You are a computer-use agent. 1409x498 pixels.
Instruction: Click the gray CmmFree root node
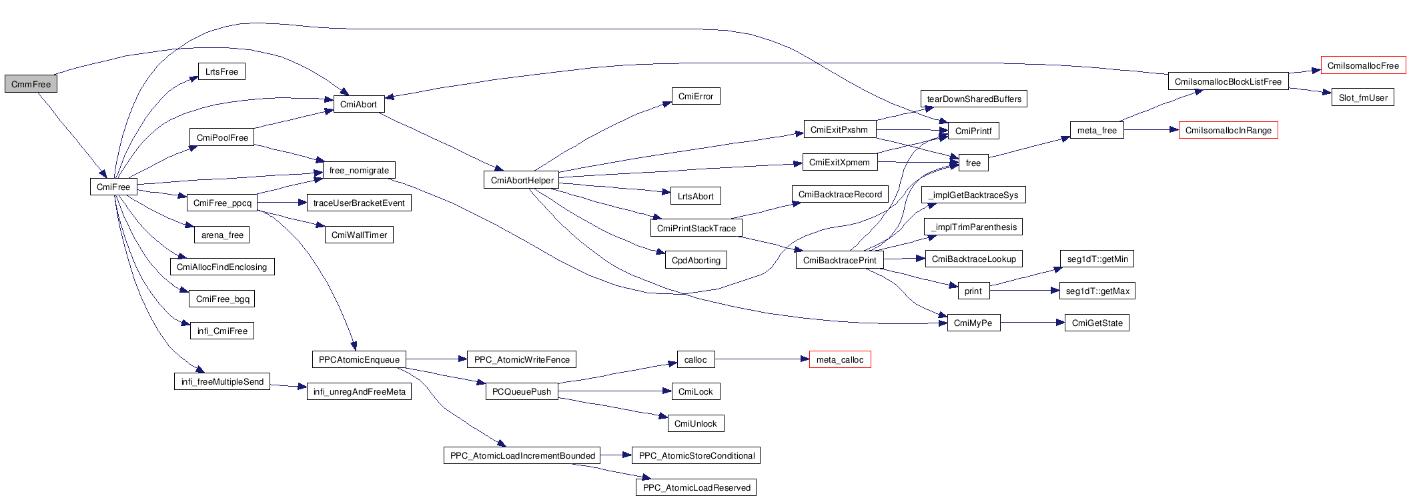coord(31,85)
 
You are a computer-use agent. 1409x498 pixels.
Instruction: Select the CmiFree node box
coord(113,187)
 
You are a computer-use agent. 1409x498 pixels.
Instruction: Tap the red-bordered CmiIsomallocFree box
coord(1363,66)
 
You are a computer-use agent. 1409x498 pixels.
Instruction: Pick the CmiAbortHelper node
coord(522,181)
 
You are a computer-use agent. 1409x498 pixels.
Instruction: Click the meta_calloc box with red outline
coord(839,360)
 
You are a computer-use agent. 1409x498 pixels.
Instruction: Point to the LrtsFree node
coord(221,72)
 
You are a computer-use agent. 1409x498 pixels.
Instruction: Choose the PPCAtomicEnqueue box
coord(359,360)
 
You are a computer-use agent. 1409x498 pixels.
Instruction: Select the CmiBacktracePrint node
coord(839,260)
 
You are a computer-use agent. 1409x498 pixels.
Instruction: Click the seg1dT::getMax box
coord(1097,291)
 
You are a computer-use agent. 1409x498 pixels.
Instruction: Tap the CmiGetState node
coord(1097,323)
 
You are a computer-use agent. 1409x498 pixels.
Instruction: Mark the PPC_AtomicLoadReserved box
coord(696,488)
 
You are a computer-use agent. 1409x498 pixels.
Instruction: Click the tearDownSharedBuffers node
coord(974,99)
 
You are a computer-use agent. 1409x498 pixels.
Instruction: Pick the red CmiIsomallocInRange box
coord(1228,131)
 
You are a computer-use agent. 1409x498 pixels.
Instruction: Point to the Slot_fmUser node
coord(1362,98)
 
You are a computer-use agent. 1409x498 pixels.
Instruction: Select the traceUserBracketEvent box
coord(359,203)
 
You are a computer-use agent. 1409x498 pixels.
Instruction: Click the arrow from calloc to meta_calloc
coord(761,359)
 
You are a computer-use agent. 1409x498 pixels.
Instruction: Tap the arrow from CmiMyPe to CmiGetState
coord(1031,323)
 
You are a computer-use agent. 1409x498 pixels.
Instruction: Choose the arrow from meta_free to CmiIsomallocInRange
coord(1151,130)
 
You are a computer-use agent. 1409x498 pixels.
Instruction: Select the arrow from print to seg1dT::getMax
coord(1024,291)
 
